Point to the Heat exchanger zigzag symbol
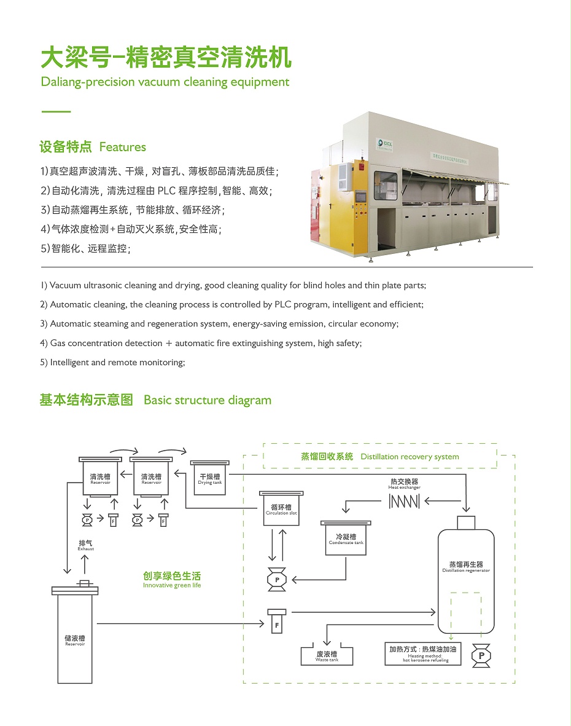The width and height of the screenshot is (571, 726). point(405,502)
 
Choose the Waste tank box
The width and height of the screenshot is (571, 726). point(327,656)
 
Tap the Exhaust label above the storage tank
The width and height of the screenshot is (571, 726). point(86,545)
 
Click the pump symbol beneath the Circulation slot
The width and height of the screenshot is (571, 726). point(277,580)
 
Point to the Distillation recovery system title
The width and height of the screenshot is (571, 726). point(379,457)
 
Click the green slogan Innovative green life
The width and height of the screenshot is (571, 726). point(172,580)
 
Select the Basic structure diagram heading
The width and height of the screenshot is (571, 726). point(207,400)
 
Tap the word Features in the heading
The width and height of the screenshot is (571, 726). point(122,147)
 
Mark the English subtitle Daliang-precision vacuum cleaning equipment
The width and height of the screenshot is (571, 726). point(165,82)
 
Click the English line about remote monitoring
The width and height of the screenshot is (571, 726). point(112,363)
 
